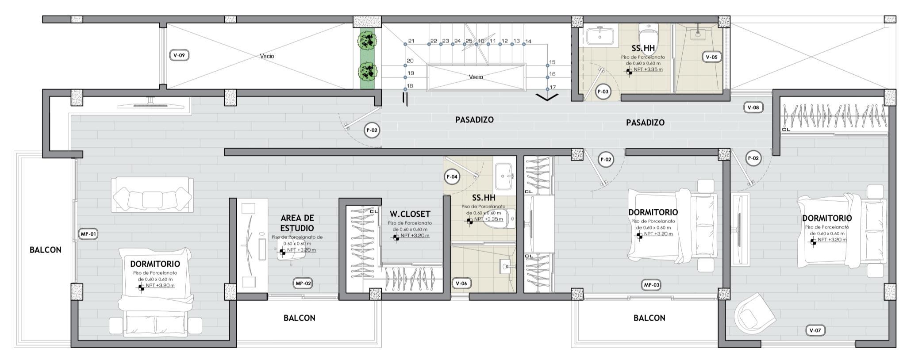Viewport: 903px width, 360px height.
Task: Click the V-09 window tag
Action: (179, 55)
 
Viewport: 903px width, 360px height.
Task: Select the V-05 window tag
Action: (711, 57)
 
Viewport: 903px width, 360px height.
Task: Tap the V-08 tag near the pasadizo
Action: (753, 107)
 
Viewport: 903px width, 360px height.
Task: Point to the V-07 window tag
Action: (815, 330)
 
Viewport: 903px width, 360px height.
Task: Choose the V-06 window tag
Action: (461, 283)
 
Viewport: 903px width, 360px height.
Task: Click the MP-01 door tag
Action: (88, 234)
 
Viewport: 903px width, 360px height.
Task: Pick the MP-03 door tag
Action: (651, 285)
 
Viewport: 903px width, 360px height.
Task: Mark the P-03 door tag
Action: (603, 92)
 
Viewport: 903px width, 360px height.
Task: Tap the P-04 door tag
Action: (452, 177)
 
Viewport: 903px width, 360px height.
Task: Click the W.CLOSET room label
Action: (410, 214)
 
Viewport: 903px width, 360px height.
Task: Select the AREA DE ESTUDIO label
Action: (297, 223)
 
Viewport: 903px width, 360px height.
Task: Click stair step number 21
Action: (411, 41)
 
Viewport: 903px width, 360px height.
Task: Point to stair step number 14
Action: (528, 42)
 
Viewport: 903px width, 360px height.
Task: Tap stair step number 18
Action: (410, 86)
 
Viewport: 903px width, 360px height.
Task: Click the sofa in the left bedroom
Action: (152, 195)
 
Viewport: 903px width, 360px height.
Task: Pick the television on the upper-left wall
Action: (150, 104)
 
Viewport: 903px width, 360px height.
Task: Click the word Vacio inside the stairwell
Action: (476, 77)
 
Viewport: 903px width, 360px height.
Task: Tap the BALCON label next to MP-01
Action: (46, 250)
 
